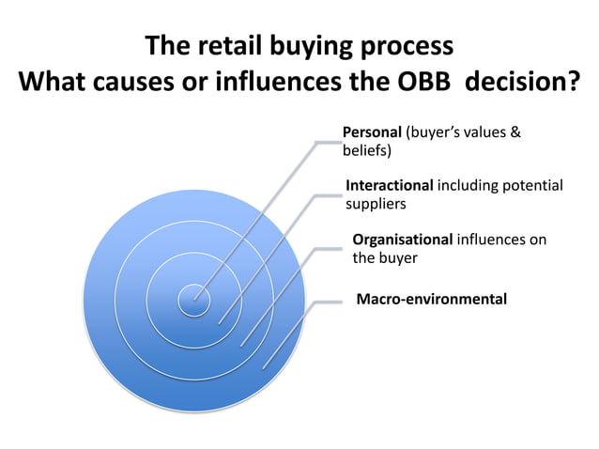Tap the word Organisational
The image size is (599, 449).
coord(402,240)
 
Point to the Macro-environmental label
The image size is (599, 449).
coord(431,299)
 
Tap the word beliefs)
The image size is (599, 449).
coord(366,149)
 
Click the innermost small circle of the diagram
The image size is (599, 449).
coord(194,300)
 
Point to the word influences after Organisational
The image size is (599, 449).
coord(501,240)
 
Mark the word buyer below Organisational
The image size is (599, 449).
coord(399,257)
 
